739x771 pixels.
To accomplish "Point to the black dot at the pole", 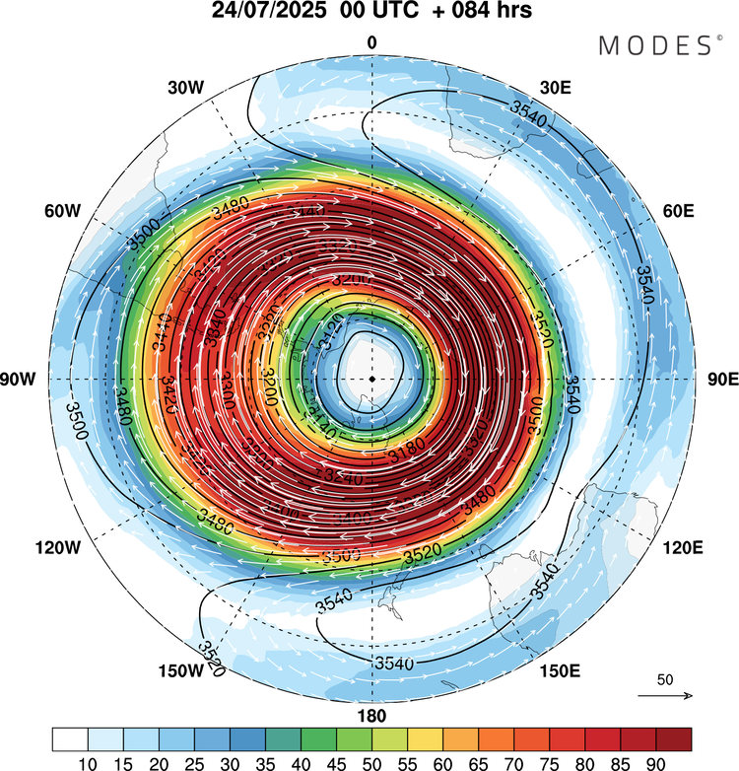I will pos(371,379).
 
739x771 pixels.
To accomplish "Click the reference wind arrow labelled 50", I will pos(665,695).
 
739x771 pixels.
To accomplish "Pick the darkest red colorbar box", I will pos(673,738).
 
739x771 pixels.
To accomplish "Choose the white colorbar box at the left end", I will pos(70,738).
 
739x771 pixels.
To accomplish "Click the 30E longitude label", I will pos(558,88).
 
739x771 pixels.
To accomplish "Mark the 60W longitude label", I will pos(61,211).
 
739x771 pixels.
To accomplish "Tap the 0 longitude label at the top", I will pos(371,42).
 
